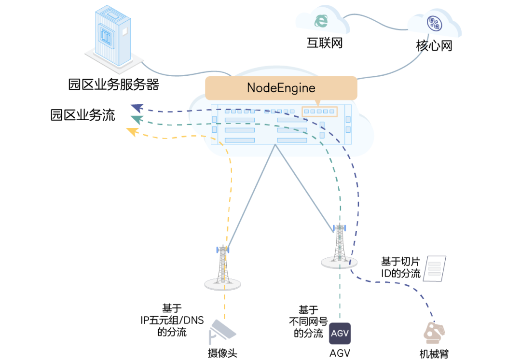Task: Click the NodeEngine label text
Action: tap(281, 88)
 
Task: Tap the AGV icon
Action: tap(340, 334)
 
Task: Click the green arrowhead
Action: tap(137, 119)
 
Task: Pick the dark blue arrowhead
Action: tap(137, 108)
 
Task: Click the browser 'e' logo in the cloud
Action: tap(320, 20)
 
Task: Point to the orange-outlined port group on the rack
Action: tap(319, 112)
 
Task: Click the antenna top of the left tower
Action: tap(222, 249)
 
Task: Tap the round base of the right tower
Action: tap(339, 263)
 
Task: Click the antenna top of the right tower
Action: tap(340, 227)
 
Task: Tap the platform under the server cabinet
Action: tap(114, 62)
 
